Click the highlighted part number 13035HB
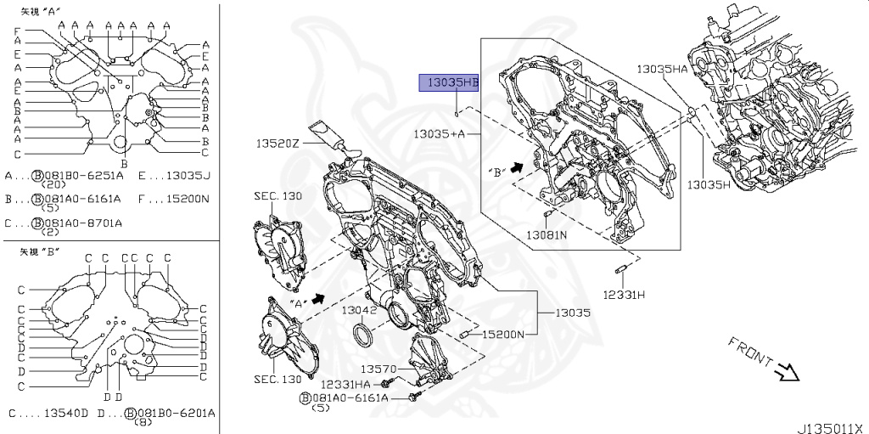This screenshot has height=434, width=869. pyautogui.click(x=448, y=83)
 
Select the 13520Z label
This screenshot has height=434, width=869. pyautogui.click(x=278, y=144)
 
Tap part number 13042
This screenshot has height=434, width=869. pyautogui.click(x=359, y=310)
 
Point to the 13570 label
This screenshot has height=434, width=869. pyautogui.click(x=378, y=369)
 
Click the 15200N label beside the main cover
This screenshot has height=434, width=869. pyautogui.click(x=502, y=334)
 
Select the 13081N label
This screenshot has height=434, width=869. pyautogui.click(x=547, y=234)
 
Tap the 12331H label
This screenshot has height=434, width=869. pyautogui.click(x=624, y=295)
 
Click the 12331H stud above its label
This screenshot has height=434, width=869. pyautogui.click(x=620, y=271)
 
